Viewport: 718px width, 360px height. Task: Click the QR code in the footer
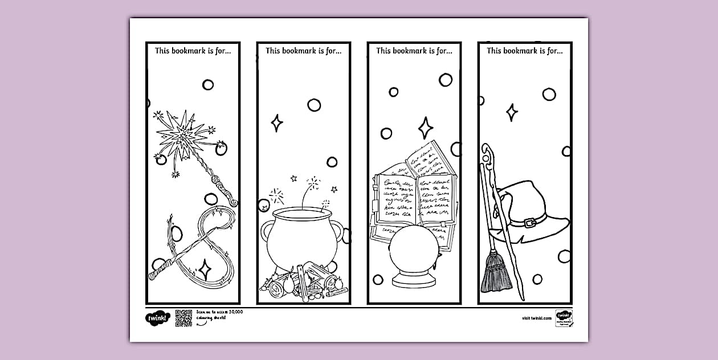(183, 318)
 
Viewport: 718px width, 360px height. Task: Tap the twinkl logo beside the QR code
(157, 318)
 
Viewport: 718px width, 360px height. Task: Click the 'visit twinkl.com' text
(536, 318)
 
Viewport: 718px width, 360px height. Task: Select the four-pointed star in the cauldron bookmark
(277, 123)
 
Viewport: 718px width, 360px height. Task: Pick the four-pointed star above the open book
(425, 128)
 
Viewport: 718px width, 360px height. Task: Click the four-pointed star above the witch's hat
(512, 112)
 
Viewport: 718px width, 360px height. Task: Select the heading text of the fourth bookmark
(524, 51)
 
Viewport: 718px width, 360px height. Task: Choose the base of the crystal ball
(414, 281)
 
